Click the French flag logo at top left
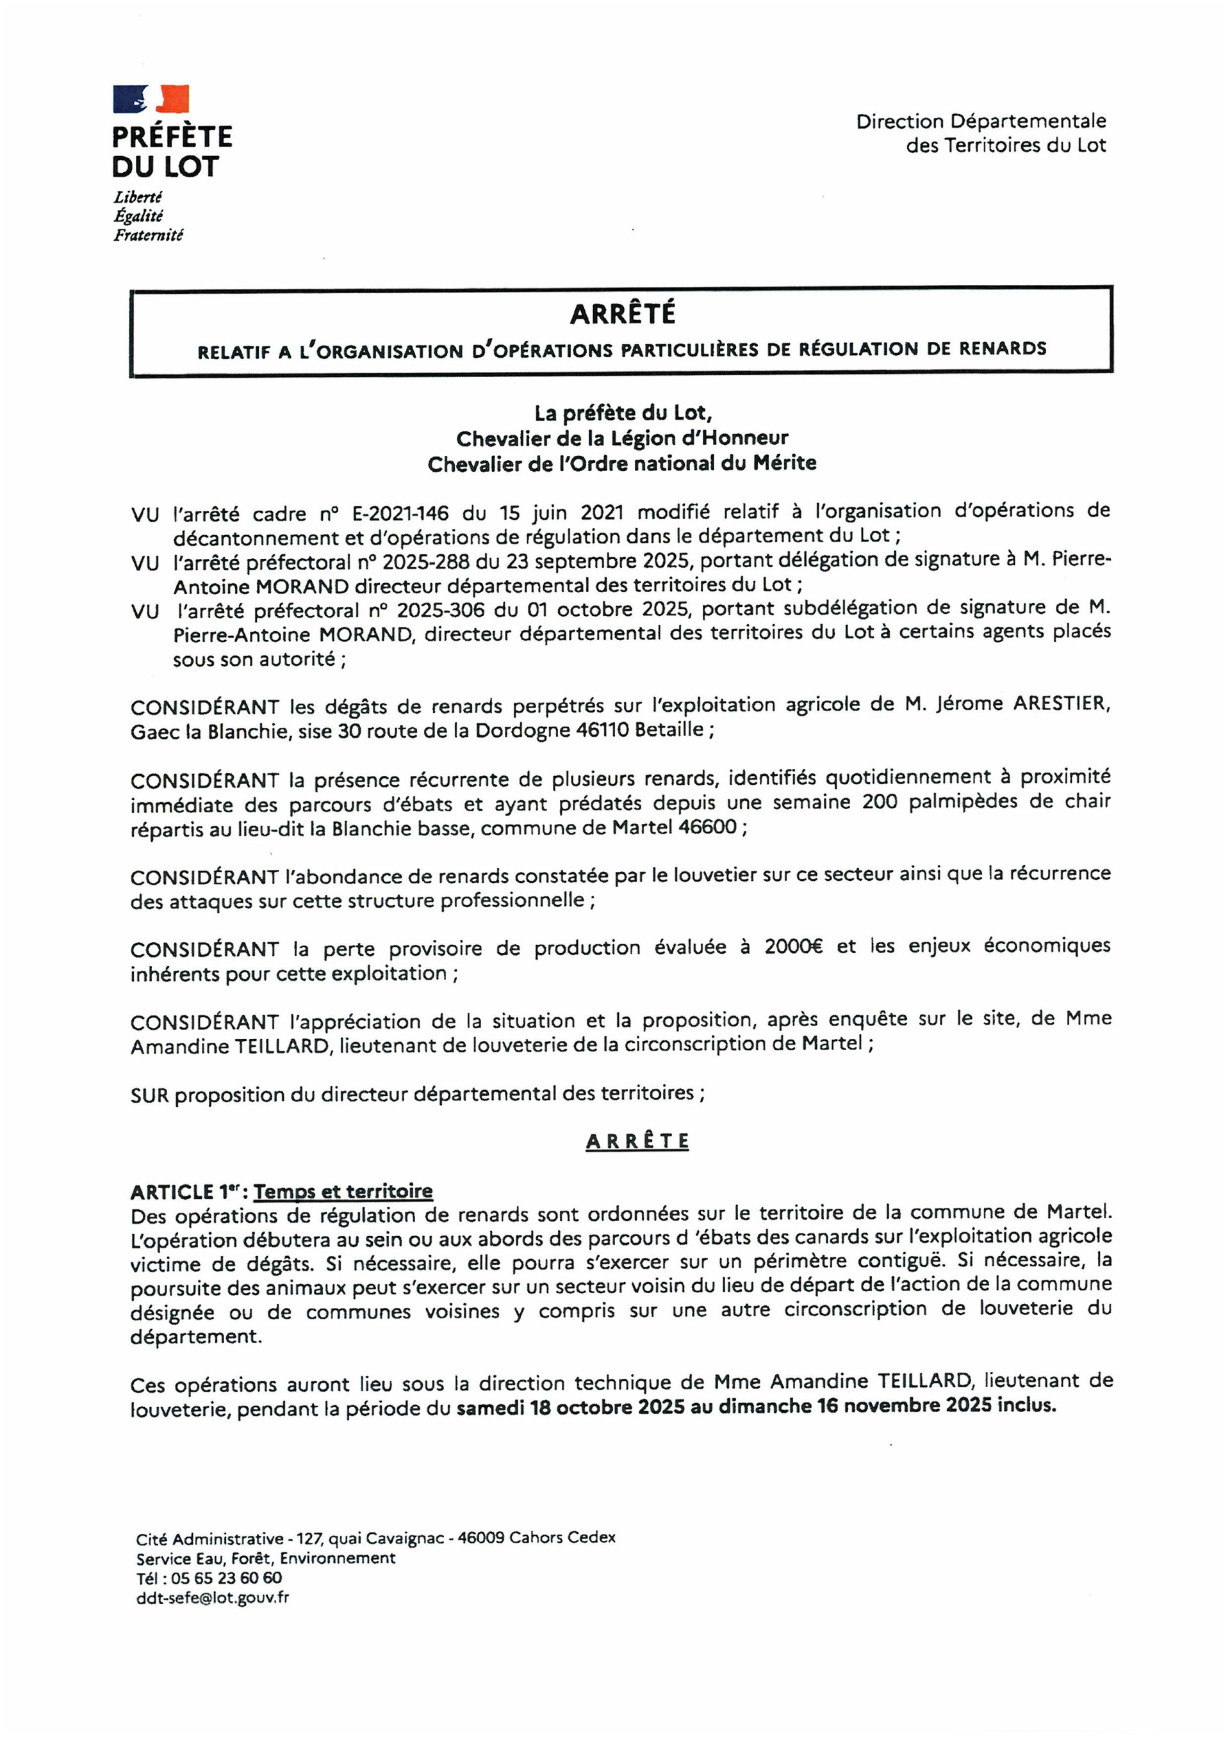click(151, 99)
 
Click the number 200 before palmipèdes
click(880, 801)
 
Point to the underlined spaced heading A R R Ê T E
click(637, 1141)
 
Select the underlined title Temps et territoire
click(343, 1191)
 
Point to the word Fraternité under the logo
click(149, 236)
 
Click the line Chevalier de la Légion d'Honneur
click(622, 439)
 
